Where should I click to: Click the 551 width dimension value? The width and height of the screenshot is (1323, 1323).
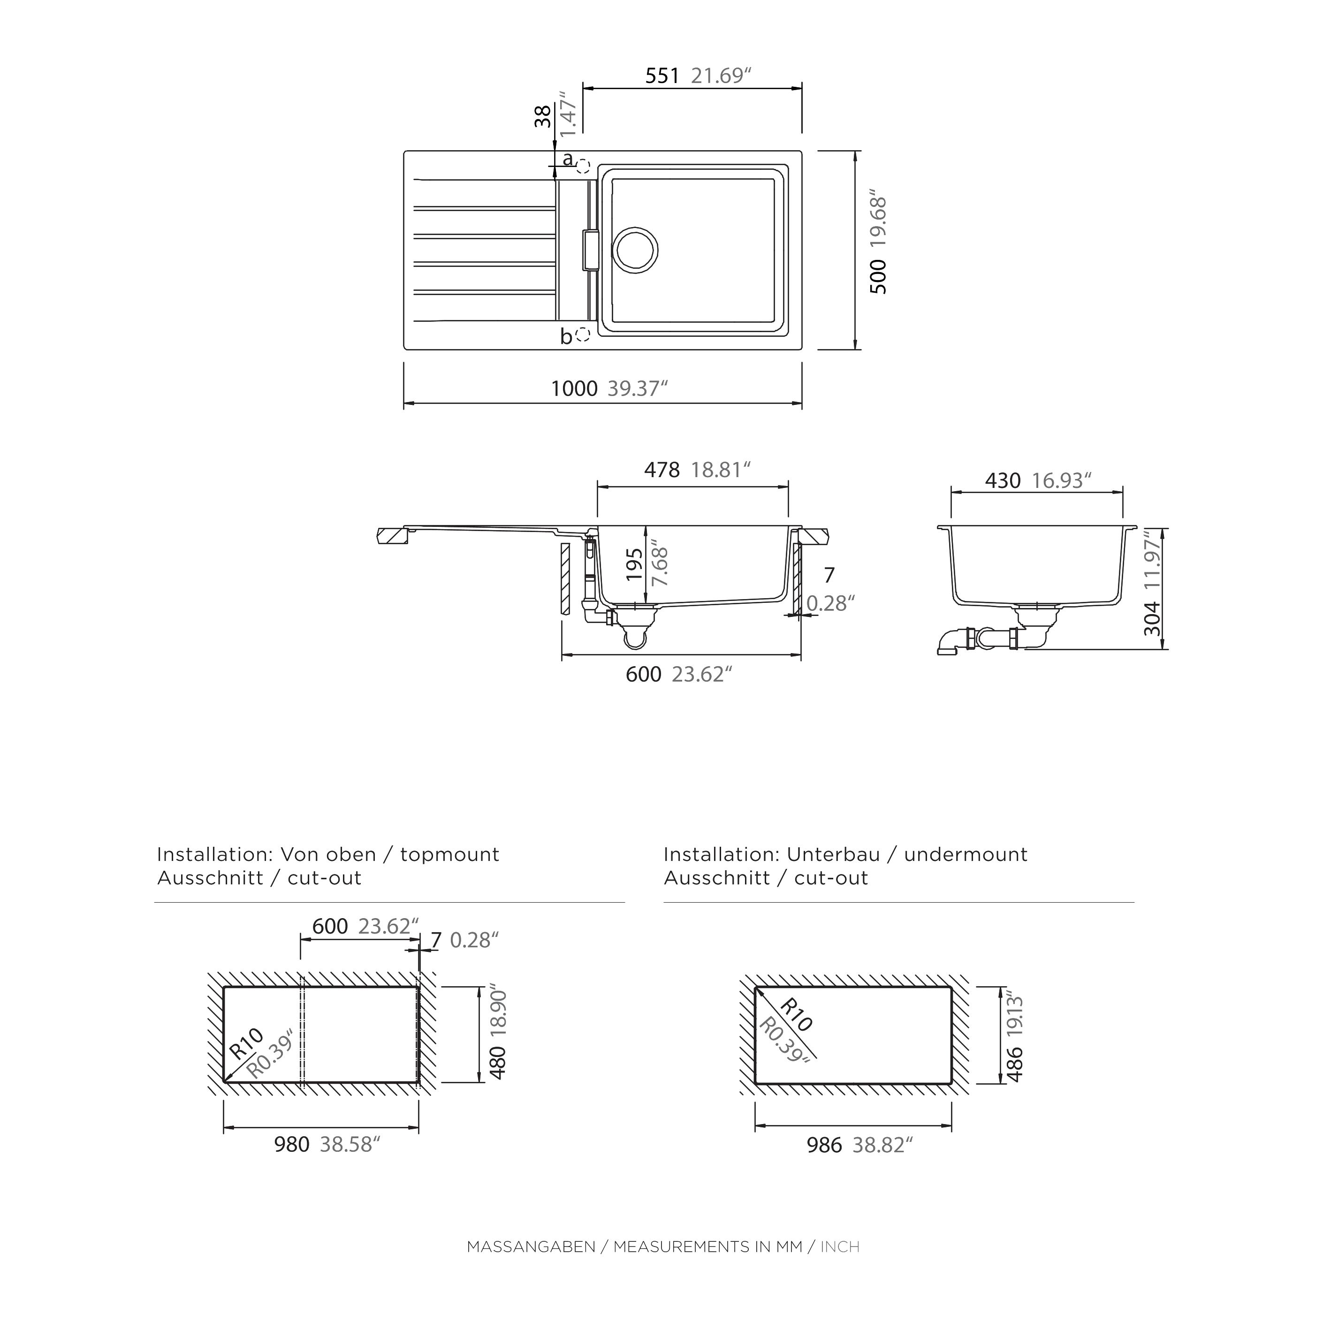662,76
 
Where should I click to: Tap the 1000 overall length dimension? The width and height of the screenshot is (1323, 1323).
575,389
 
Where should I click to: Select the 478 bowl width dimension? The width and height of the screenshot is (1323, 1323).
662,470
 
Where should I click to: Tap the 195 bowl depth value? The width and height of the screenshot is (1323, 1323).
635,565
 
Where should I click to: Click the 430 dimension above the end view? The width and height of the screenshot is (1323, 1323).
1003,481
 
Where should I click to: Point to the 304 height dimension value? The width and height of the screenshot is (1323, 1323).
1153,618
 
